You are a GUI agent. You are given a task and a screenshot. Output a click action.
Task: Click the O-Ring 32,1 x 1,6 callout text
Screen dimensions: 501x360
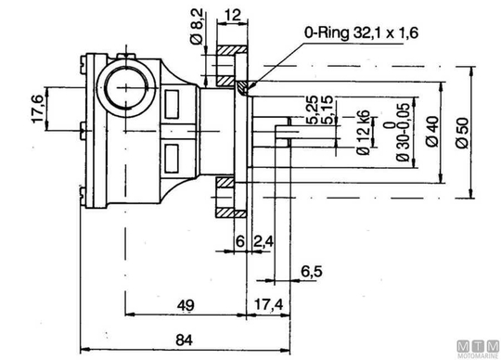(361, 32)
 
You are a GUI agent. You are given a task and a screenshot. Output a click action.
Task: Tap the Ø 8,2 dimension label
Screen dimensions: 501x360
(197, 27)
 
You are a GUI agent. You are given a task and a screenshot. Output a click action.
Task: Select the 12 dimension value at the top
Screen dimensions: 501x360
(232, 15)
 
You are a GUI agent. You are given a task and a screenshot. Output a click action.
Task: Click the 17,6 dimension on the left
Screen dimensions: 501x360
(38, 109)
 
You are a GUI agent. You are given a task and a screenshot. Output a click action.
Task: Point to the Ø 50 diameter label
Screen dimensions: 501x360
(462, 133)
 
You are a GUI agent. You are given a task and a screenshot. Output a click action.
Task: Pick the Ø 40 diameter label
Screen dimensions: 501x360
(432, 131)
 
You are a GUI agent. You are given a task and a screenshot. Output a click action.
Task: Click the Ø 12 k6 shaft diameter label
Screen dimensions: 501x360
(364, 133)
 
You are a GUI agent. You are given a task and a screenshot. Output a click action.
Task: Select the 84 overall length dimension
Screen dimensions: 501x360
(185, 341)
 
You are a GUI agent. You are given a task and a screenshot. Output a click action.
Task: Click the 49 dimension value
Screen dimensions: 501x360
(186, 305)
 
